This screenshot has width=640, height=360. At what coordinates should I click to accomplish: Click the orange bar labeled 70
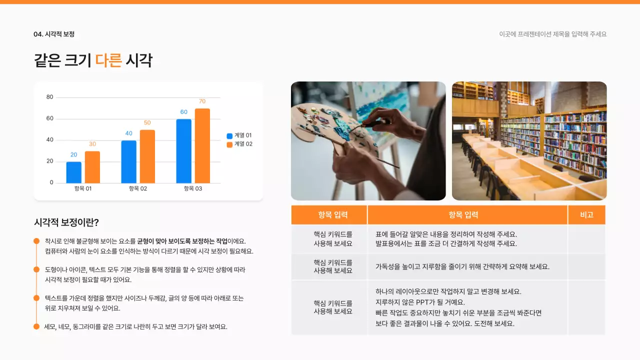pos(202,145)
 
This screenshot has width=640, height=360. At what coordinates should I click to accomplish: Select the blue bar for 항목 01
pos(73,172)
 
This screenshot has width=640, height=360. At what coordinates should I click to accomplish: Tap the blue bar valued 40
pos(128,161)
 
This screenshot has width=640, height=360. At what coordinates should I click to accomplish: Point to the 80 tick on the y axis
pos(50,97)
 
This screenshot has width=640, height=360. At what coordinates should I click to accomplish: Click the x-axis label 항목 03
pos(192,188)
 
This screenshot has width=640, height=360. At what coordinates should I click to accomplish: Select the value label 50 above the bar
pos(147,122)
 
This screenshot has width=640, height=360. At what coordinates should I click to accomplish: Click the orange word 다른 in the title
pos(108,60)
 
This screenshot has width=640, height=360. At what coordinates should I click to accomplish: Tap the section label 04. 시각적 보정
pos(54,34)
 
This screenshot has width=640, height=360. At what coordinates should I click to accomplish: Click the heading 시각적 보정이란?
pos(66,222)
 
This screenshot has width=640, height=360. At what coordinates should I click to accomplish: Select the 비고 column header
pos(586,215)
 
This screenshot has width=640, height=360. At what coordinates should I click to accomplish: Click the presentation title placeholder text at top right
pos(552,34)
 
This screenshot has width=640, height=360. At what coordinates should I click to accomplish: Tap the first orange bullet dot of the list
pos(36,241)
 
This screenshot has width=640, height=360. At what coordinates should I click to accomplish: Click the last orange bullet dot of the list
pos(36,326)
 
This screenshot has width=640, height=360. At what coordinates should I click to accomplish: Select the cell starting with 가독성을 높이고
pos(462,266)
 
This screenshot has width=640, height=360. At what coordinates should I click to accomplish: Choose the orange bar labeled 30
pos(92,167)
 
